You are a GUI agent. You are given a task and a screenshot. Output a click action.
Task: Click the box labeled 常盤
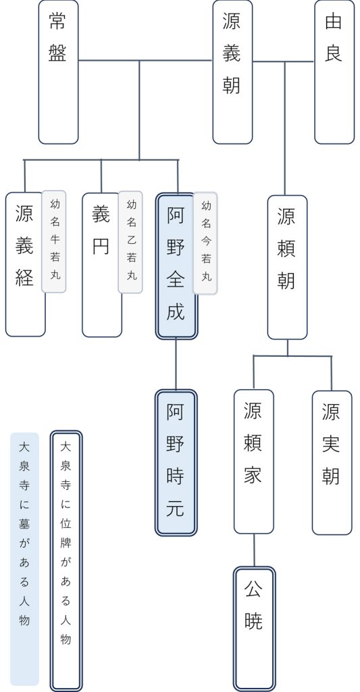(58, 72)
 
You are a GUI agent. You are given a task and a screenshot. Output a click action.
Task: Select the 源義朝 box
(232, 72)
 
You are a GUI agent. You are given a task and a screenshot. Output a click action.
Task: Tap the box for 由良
(334, 72)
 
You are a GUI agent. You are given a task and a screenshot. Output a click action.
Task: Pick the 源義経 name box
(25, 264)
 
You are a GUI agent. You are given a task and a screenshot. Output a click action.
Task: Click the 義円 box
(101, 264)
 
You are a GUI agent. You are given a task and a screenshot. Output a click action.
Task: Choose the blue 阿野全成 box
(176, 266)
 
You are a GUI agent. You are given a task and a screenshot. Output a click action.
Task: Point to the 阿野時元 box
(176, 462)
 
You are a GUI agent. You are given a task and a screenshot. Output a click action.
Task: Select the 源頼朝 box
(287, 267)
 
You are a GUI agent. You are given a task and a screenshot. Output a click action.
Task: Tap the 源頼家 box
(253, 462)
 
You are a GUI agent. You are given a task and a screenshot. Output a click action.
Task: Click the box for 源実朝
(332, 462)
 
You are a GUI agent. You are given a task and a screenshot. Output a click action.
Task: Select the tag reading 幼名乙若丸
(131, 241)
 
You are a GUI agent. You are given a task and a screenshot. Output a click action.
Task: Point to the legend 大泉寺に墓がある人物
(25, 558)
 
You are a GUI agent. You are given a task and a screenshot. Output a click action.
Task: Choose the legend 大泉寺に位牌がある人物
(66, 560)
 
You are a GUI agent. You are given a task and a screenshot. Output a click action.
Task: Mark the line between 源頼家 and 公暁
(254, 550)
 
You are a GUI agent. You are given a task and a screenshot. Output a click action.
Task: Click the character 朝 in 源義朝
(232, 84)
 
